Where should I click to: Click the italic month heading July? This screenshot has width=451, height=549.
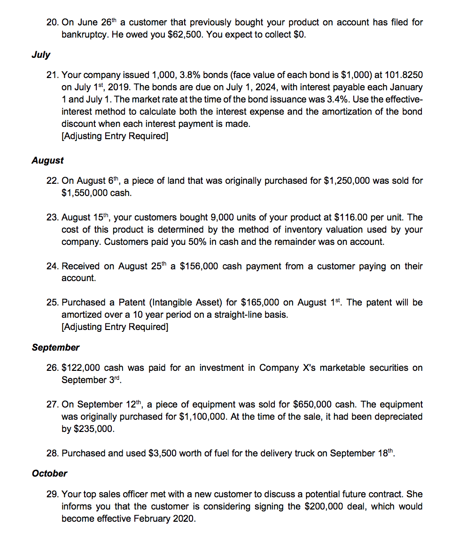[x=40, y=55]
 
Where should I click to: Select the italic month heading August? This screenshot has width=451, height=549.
[x=47, y=160]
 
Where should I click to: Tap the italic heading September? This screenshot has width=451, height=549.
[x=55, y=347]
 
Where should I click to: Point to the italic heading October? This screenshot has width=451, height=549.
[x=49, y=473]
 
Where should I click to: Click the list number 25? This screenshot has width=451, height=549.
[x=53, y=302]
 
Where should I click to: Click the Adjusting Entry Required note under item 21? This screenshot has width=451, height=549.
[x=115, y=136]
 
